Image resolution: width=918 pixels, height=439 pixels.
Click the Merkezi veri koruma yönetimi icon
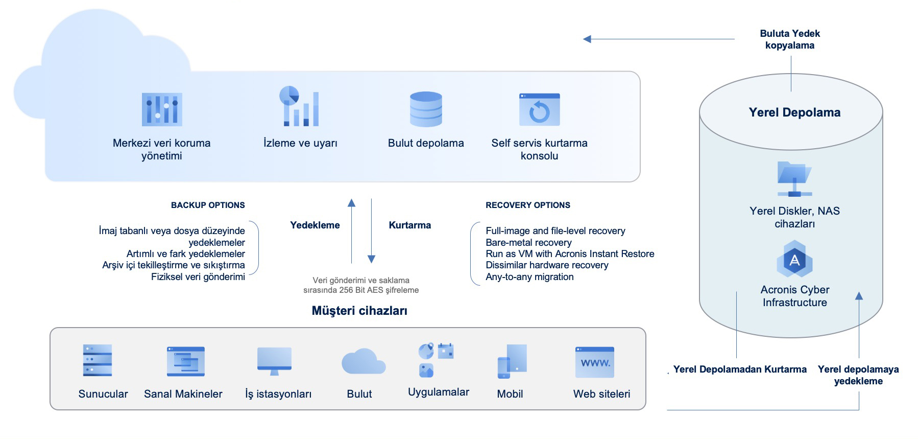162,109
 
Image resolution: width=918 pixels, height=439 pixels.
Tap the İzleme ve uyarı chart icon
299,106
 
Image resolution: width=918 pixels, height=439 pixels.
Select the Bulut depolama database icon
426,109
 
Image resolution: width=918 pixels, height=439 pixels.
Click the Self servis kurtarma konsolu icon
539,109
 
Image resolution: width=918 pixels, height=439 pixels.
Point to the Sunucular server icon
98,360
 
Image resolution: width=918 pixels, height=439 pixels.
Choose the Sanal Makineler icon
186,361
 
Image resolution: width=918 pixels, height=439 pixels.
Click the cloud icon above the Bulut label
363,362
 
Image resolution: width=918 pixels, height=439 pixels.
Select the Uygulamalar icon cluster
436,360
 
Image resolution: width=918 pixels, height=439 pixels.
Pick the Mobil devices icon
512,361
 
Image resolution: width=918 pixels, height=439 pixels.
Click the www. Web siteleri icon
595,362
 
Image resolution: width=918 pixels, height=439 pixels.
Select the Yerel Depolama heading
794,112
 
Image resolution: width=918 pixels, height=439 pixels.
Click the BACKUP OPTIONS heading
208,205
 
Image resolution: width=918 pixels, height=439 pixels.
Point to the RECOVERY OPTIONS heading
528,205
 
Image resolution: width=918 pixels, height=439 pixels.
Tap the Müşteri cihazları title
359,311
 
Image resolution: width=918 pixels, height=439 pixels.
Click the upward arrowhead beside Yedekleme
351,203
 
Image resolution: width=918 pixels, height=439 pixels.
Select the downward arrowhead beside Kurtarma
372,259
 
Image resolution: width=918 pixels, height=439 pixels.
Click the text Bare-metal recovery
528,242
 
